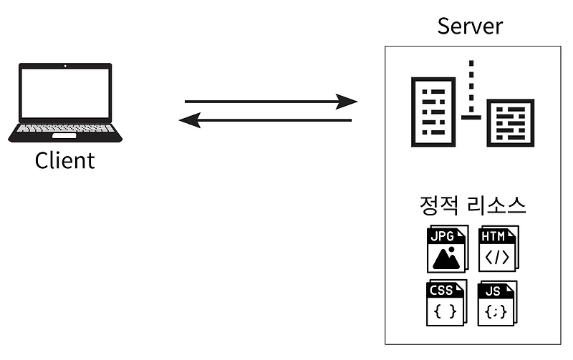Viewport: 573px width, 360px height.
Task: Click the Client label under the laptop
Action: click(64, 160)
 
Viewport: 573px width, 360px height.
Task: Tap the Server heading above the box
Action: click(471, 26)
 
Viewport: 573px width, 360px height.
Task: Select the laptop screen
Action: click(65, 93)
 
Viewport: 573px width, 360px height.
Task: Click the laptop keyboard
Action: click(65, 129)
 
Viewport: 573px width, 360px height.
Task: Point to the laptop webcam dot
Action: click(65, 66)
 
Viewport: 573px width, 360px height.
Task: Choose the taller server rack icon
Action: click(433, 111)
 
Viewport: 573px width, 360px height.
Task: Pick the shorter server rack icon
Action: click(511, 122)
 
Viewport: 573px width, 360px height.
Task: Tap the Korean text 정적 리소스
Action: click(473, 206)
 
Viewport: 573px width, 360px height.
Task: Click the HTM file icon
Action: click(498, 249)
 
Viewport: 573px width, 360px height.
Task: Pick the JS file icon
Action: click(498, 303)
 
